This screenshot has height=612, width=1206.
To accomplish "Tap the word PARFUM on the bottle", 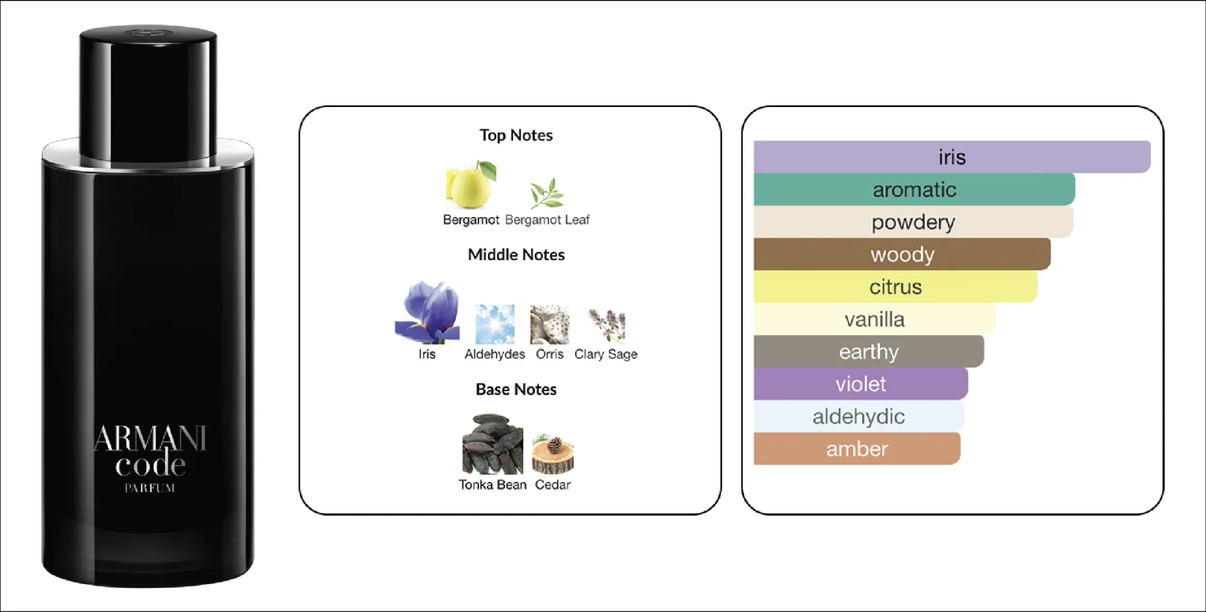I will tap(150, 488).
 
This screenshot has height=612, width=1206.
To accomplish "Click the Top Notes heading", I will tap(516, 135).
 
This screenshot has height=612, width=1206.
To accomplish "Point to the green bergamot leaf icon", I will tap(547, 193).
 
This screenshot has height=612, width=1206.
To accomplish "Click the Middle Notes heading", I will tap(516, 255).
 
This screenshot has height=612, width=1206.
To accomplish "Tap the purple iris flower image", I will tap(428, 312).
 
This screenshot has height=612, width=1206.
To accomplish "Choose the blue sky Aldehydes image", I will tap(495, 324).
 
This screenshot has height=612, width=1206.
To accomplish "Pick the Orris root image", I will tap(549, 324).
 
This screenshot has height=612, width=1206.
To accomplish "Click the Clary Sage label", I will tap(605, 354).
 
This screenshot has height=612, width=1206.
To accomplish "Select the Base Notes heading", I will tap(516, 389).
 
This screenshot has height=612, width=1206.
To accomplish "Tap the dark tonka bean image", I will tap(492, 444).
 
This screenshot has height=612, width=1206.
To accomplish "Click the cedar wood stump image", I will tap(553, 455).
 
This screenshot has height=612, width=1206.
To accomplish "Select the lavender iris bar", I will tap(951, 157).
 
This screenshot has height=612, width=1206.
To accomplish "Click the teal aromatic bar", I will tap(914, 190).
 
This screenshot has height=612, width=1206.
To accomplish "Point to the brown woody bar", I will tap(902, 255).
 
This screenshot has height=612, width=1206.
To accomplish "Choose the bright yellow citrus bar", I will tap(895, 287).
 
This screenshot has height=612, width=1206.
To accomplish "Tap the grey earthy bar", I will tap(869, 351).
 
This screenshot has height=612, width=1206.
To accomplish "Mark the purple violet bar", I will tap(860, 384).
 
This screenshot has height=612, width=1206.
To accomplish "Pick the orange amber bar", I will tap(856, 449).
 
